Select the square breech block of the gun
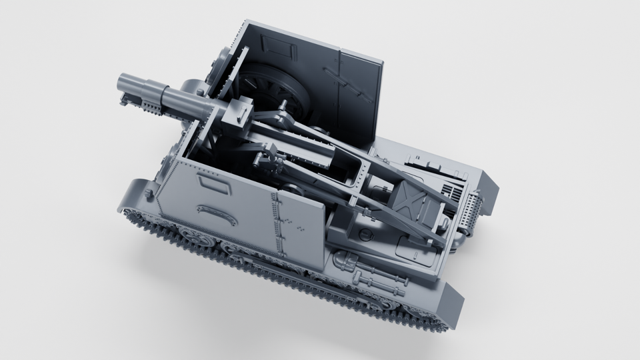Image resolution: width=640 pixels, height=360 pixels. (234, 117)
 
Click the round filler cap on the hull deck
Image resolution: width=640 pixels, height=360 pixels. (366, 234)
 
